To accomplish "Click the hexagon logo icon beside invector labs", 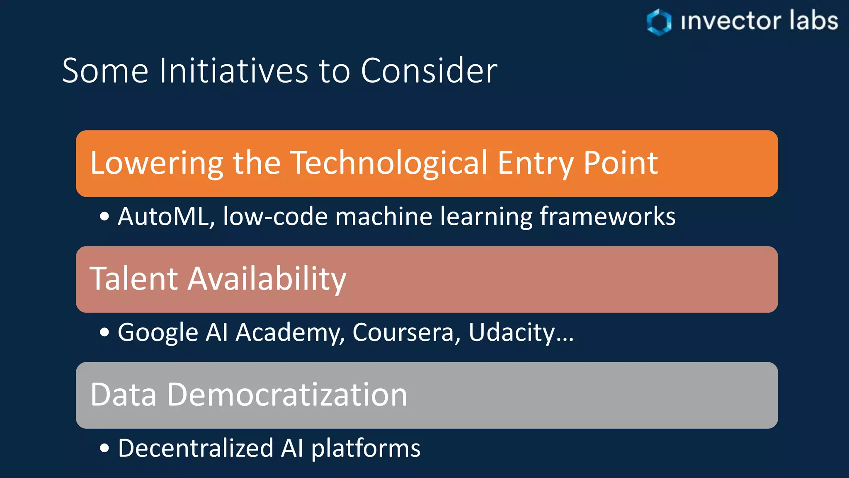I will (659, 22).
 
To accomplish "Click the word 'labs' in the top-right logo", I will (813, 21).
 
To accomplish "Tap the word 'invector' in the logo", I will (731, 22).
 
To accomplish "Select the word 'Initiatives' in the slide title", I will (233, 71).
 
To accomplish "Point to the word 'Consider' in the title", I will (429, 71).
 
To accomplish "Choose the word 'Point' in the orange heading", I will (620, 163).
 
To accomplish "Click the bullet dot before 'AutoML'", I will (104, 217).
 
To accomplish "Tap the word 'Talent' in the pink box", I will (134, 278).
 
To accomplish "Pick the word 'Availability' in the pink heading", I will (267, 279).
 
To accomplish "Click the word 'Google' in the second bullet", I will (158, 333).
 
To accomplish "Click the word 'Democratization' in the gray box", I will (287, 395).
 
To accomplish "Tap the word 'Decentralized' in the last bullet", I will (196, 448).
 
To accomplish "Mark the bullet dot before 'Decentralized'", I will (104, 448).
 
